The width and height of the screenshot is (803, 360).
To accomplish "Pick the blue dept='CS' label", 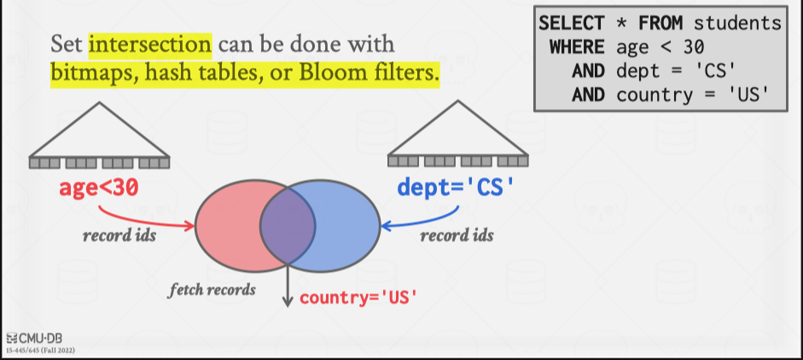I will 457,187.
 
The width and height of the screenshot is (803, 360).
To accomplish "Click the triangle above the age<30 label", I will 100,128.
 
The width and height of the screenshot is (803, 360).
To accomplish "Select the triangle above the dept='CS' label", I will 458,128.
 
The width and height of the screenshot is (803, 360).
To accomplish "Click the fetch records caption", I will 212,289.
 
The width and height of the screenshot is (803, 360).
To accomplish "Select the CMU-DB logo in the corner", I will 31,336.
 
